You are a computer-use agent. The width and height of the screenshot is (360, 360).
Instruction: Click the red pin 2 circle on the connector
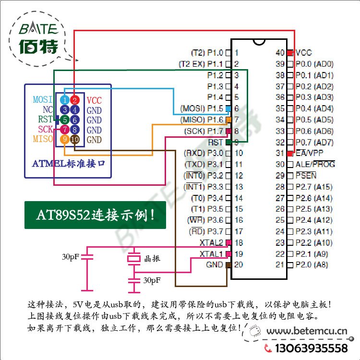click(x=75, y=100)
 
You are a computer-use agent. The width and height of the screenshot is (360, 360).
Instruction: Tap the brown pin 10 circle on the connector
click(x=75, y=139)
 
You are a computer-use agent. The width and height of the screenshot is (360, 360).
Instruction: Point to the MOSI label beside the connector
click(x=42, y=100)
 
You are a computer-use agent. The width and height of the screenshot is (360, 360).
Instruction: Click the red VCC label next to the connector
click(x=94, y=100)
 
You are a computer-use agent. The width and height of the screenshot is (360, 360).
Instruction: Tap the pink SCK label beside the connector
click(x=45, y=130)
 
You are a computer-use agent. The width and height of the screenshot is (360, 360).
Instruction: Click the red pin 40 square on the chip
click(x=290, y=53)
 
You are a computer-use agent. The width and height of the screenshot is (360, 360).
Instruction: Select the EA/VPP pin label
click(x=310, y=153)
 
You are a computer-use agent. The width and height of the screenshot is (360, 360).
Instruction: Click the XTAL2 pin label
click(x=211, y=242)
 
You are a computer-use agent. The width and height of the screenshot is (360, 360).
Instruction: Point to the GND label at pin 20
click(x=214, y=264)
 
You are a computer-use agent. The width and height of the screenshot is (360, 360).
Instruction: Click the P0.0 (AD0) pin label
click(x=314, y=64)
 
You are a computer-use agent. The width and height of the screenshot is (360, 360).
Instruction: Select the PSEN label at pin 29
click(x=306, y=175)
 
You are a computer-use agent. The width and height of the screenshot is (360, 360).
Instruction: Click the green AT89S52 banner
click(x=95, y=215)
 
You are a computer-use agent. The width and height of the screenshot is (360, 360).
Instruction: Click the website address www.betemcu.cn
click(x=307, y=331)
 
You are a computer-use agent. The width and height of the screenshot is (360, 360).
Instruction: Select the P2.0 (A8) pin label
click(x=312, y=265)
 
